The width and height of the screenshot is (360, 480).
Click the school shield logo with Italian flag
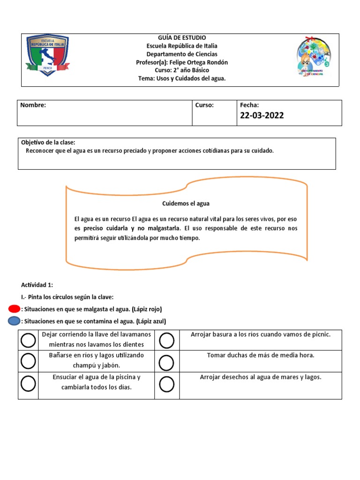click(47, 53)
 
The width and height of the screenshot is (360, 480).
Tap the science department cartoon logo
click(313, 58)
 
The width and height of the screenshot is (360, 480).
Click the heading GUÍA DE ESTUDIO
click(182, 37)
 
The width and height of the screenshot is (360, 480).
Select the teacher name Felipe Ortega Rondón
click(196, 62)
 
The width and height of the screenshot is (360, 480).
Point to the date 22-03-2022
click(262, 116)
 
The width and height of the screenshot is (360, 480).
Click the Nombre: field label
click(33, 105)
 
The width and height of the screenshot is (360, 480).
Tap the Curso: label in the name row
click(204, 105)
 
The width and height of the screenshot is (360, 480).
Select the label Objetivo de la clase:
click(48, 142)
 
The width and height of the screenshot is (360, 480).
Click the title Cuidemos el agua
click(186, 204)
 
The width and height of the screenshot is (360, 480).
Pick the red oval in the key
click(14, 309)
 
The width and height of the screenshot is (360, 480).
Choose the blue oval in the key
click(14, 321)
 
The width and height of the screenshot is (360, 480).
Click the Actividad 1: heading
click(37, 285)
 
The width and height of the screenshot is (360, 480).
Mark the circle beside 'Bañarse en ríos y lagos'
click(28, 361)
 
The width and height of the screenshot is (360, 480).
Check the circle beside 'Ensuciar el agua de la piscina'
click(28, 383)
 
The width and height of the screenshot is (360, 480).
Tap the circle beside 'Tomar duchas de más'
click(166, 362)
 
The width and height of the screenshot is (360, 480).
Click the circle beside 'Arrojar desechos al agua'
click(166, 383)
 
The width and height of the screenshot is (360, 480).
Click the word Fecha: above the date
click(249, 105)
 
